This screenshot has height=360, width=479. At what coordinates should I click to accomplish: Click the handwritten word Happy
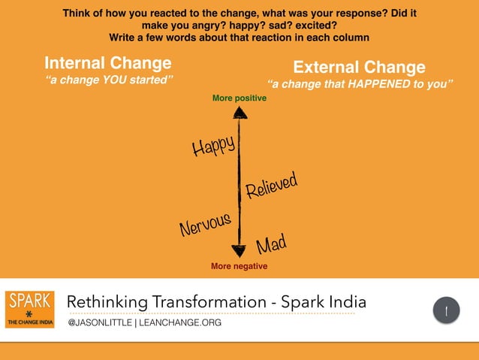(x=214, y=145)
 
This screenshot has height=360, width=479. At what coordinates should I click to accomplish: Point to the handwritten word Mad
(x=272, y=244)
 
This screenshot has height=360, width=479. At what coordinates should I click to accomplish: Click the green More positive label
(x=239, y=98)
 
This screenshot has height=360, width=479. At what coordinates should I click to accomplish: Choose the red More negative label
(x=239, y=266)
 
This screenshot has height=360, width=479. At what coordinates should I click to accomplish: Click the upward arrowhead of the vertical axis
(x=239, y=113)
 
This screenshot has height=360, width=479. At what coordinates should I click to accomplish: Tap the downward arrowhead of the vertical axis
(x=239, y=252)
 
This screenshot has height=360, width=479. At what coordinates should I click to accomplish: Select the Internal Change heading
(x=108, y=62)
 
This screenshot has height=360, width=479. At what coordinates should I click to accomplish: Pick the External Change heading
(x=359, y=67)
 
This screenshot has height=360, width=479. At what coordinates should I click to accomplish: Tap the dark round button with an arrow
(x=447, y=310)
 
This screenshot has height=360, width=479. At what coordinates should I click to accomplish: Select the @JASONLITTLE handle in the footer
(x=100, y=322)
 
